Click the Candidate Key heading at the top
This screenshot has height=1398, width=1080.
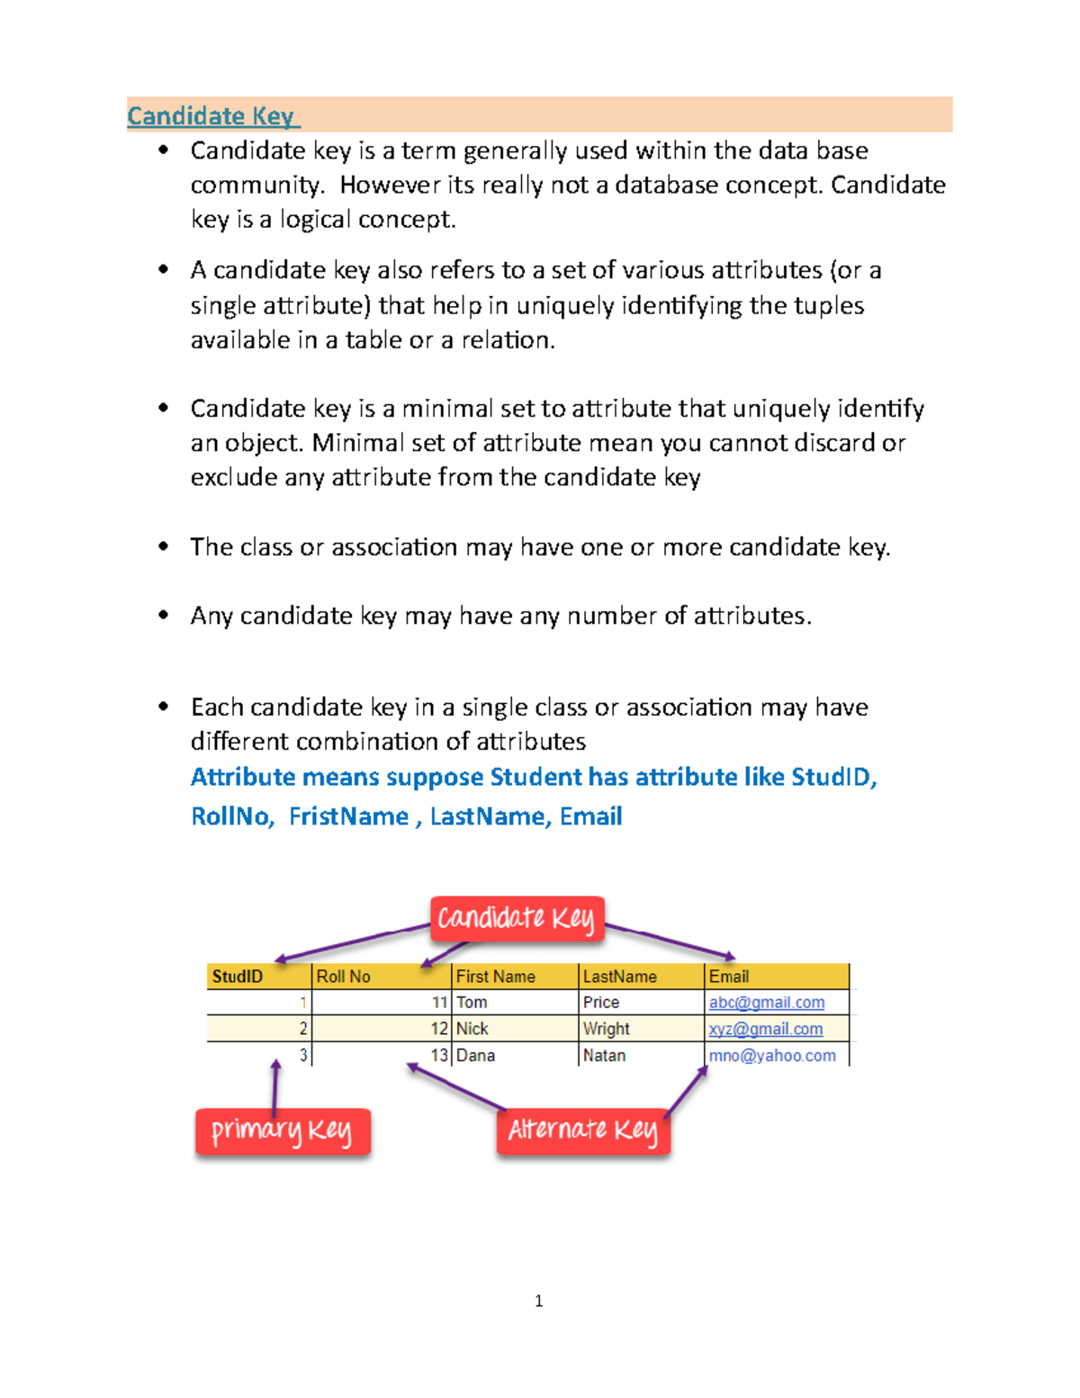pyautogui.click(x=211, y=116)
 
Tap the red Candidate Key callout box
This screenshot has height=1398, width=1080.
pyautogui.click(x=517, y=919)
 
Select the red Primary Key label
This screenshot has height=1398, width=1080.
pyautogui.click(x=283, y=1132)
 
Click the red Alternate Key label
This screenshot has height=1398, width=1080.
pyautogui.click(x=583, y=1131)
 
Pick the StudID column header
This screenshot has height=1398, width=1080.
pyautogui.click(x=238, y=977)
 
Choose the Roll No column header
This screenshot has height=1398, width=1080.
pyautogui.click(x=344, y=977)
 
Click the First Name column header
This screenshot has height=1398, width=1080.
pyautogui.click(x=495, y=977)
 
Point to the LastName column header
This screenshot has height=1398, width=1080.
pyautogui.click(x=619, y=977)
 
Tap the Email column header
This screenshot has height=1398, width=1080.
pyautogui.click(x=729, y=977)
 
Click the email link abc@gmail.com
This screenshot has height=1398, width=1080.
pyautogui.click(x=766, y=1003)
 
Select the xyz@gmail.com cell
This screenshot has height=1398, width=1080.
pyautogui.click(x=765, y=1029)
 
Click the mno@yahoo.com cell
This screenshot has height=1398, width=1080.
pyautogui.click(x=772, y=1056)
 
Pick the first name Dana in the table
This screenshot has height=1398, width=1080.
pyautogui.click(x=475, y=1056)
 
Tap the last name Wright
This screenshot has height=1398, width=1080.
pyautogui.click(x=606, y=1029)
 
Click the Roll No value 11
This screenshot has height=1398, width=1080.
pyautogui.click(x=439, y=1003)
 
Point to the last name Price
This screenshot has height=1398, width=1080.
pyautogui.click(x=600, y=1003)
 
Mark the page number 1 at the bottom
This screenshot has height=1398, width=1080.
pyautogui.click(x=538, y=1301)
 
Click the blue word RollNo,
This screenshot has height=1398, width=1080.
pyautogui.click(x=232, y=816)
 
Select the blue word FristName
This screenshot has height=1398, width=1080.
pyautogui.click(x=348, y=816)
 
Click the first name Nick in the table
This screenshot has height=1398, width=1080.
pyautogui.click(x=472, y=1029)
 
